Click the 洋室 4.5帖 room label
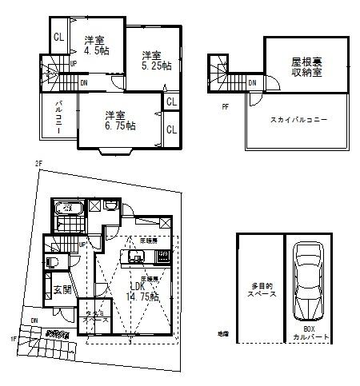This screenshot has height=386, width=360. click(x=94, y=45)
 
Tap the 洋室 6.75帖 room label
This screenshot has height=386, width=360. click(x=117, y=120)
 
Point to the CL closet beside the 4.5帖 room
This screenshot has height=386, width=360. click(x=58, y=37)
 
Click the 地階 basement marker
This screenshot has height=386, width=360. click(x=222, y=334)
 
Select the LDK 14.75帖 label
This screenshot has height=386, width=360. click(x=141, y=291)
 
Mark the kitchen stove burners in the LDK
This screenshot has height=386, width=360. click(x=162, y=257)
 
